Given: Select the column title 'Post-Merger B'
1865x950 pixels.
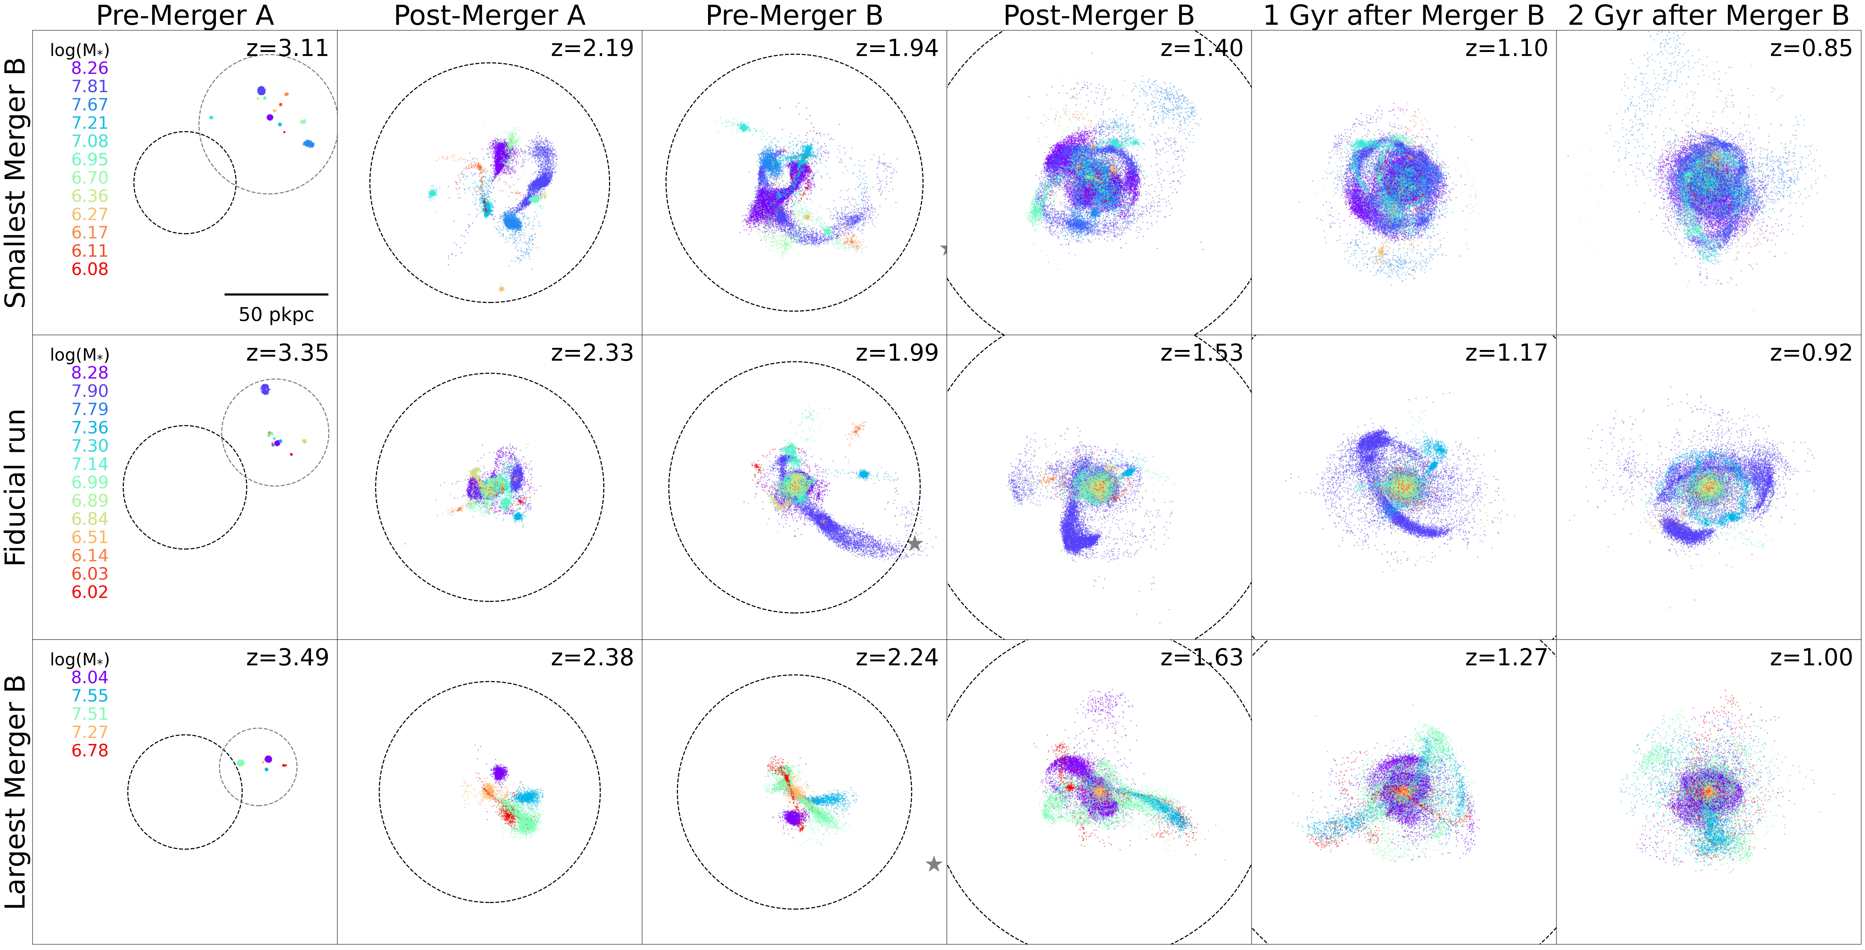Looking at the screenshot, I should coord(1098,15).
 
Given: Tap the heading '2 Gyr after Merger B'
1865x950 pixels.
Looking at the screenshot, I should coord(1709,15).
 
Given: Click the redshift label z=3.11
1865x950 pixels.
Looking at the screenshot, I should coord(287,49).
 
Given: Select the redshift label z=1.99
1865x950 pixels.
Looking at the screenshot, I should coord(897,353).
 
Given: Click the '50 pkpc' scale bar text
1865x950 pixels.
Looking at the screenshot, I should coord(277,315).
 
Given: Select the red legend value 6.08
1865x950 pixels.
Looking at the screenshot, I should coord(90,269).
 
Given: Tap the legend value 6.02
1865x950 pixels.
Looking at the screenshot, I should coord(90,592).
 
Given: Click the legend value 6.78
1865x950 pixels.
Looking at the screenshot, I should coord(90,750).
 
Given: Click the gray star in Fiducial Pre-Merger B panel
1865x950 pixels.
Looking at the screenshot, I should coord(915,543).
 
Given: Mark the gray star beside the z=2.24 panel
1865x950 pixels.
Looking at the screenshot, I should coord(934,864).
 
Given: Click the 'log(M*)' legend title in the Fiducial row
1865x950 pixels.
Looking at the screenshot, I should coord(80,355).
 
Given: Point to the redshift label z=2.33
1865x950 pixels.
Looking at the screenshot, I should coord(592,353).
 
